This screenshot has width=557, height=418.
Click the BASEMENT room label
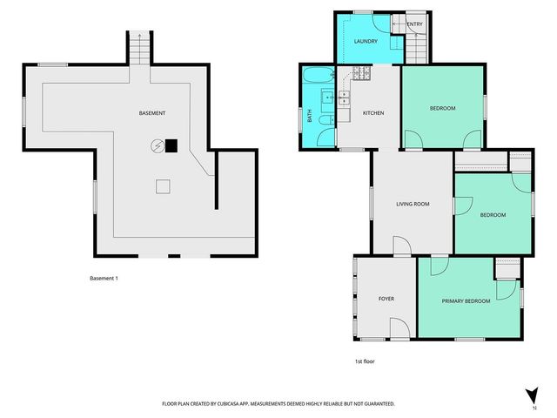pos(152,114)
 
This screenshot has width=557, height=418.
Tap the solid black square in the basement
pos(172,146)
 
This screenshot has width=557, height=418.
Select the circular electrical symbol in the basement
pos(158,146)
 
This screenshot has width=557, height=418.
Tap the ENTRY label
pos(414,24)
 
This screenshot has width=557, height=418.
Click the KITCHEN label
pos(372,113)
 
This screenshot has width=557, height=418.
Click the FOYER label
pos(386,299)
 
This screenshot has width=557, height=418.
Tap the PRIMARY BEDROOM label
pos(466,301)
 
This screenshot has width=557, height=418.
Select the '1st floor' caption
pos(365,361)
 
